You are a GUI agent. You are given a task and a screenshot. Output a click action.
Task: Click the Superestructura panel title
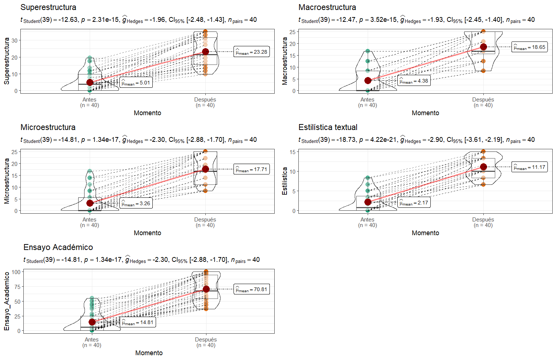tap(48, 7)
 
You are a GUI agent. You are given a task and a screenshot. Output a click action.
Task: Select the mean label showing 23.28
tap(252, 52)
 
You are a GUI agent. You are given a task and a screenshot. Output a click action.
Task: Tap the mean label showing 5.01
tap(136, 83)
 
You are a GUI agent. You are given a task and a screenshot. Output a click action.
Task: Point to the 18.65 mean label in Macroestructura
tap(529, 47)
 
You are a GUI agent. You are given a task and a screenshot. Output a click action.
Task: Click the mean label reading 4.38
tap(414, 81)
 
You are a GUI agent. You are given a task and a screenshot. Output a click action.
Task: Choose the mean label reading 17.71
tap(252, 169)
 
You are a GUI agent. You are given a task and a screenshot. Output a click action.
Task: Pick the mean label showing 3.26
tap(136, 203)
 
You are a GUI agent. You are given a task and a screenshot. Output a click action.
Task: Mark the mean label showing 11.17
tap(529, 167)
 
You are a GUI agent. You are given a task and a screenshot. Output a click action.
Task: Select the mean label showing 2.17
tap(414, 203)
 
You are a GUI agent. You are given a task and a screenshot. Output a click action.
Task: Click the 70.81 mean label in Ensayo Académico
tap(252, 289)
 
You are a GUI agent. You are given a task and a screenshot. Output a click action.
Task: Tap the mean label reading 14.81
tap(138, 322)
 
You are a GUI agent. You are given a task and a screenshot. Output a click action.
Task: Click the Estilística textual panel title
tap(328, 127)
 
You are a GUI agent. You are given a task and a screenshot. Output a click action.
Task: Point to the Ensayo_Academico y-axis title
tap(7, 301)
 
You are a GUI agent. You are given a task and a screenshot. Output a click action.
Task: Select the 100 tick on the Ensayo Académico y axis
tap(16, 272)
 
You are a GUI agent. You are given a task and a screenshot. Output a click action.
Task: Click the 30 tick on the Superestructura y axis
tap(14, 40)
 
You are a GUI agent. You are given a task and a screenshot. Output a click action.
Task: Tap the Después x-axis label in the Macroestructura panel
tap(483, 100)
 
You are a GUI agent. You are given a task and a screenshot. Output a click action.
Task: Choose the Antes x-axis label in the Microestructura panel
tap(89, 220)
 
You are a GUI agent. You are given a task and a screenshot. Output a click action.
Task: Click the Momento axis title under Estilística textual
tap(425, 233)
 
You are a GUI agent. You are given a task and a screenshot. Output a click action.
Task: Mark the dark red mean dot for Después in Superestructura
tap(205, 51)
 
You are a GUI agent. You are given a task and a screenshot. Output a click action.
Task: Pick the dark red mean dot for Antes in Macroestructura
tap(368, 80)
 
